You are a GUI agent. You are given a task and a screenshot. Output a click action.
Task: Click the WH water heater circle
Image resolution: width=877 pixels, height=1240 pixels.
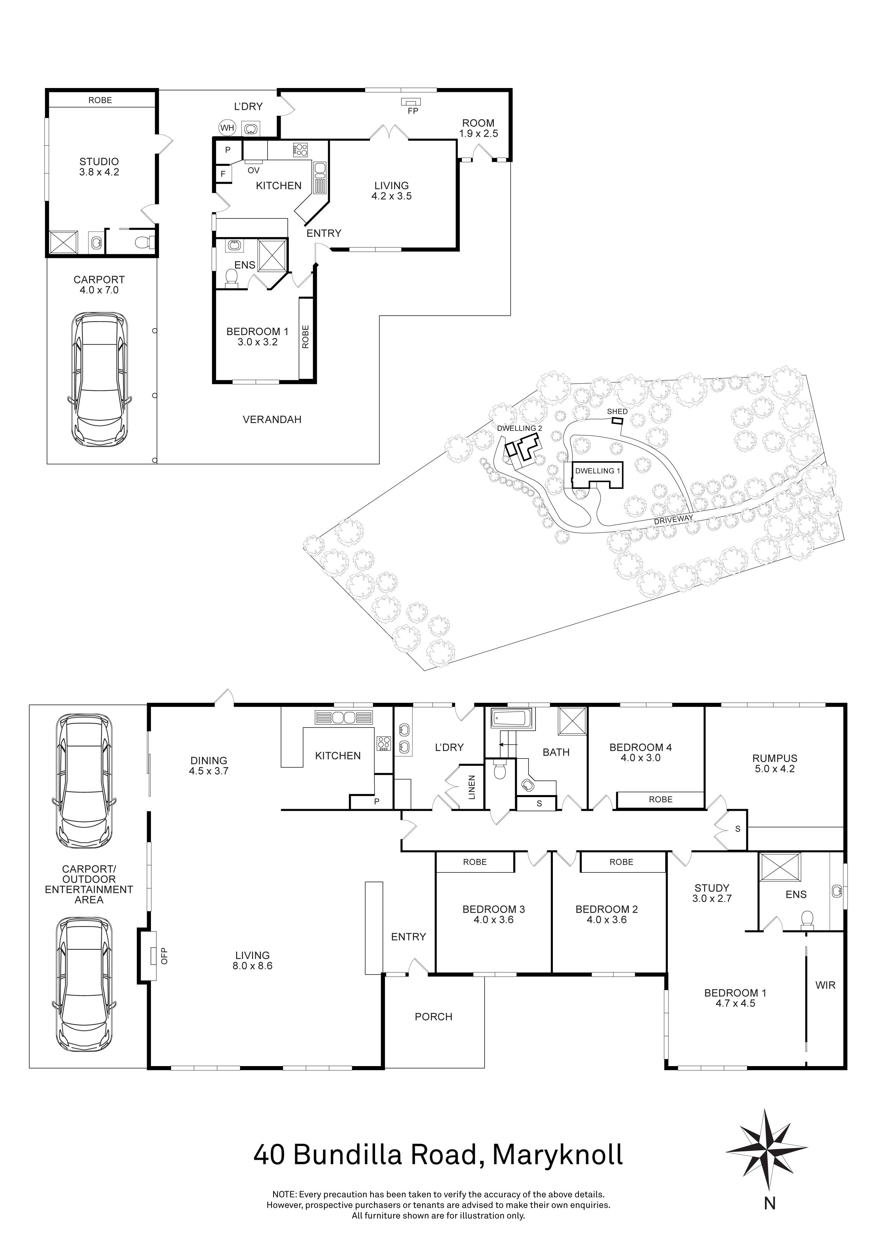click(227, 128)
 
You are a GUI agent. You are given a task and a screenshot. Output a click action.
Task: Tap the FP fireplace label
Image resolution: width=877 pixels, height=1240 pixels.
click(413, 111)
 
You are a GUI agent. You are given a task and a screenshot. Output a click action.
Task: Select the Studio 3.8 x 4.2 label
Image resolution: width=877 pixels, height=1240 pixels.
click(99, 166)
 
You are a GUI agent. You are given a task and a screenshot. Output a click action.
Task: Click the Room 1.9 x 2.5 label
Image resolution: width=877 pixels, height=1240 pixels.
click(478, 128)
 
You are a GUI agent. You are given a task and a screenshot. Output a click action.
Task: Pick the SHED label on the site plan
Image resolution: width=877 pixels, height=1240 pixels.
click(617, 411)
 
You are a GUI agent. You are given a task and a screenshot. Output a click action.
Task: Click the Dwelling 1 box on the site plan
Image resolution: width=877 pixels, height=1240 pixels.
click(597, 471)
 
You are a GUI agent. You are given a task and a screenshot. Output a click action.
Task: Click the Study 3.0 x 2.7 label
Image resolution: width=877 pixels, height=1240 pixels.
click(712, 893)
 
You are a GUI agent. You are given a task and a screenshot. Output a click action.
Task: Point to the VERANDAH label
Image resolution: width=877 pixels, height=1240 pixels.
click(271, 419)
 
